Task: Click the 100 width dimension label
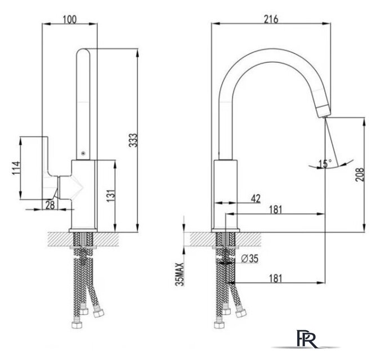70,20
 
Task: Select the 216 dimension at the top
271,20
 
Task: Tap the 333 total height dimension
133,140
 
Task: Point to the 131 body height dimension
110,196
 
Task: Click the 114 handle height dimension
16,168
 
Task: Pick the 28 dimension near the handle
50,205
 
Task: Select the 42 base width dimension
256,199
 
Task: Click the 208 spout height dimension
360,174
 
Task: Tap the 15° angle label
325,164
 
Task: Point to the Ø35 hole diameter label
250,259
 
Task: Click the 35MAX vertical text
180,274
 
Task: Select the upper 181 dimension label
276,209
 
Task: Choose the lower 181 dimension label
276,278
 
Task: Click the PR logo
307,339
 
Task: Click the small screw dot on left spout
83,153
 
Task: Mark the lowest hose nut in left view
77,325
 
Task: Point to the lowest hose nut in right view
219,325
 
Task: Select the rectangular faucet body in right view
225,194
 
